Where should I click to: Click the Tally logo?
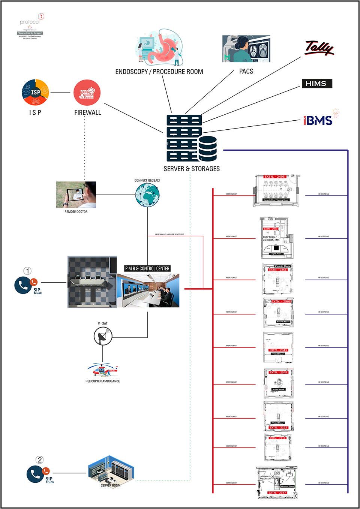319,48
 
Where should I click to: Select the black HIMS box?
317,84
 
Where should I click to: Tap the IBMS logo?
318,120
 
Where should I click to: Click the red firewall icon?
87,93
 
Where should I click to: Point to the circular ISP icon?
35,92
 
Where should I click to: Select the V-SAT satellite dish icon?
103,336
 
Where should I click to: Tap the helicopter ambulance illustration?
103,370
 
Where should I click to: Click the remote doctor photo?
76,195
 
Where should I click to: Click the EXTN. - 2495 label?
275,177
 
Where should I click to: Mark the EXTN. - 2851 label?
278,270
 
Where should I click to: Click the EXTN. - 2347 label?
277,493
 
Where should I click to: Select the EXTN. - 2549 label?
278,373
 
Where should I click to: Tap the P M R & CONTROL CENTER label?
147,268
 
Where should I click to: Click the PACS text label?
246,71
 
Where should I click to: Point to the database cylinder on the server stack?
208,148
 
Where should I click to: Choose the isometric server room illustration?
111,471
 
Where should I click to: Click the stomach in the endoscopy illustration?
162,49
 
